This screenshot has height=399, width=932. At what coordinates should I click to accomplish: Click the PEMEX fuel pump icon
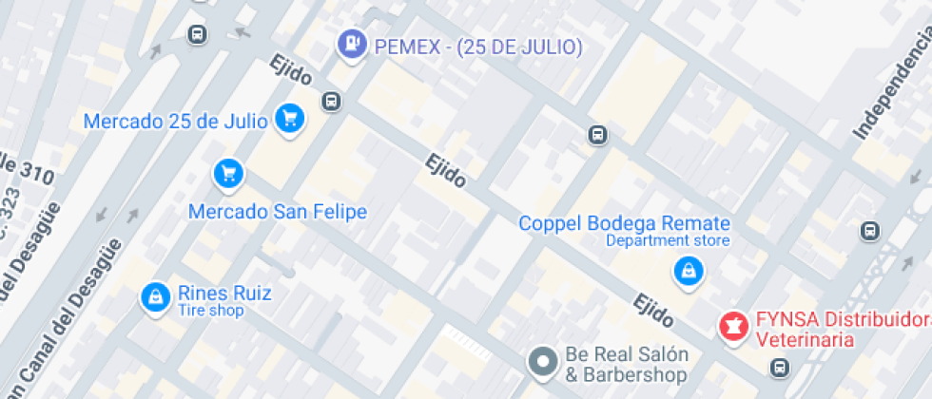click(353, 44)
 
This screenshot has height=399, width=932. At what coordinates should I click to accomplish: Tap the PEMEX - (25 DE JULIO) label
click(478, 47)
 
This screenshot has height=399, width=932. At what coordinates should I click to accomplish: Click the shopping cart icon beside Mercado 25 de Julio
click(290, 119)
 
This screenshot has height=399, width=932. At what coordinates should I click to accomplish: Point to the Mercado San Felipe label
click(278, 211)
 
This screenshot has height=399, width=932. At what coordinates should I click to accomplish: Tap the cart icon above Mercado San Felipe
click(228, 173)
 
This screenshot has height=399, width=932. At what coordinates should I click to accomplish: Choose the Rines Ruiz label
click(224, 293)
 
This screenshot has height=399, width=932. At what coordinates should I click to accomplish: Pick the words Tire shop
click(210, 311)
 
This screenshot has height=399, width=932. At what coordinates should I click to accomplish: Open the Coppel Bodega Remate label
click(624, 223)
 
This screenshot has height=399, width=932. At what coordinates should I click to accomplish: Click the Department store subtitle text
click(669, 241)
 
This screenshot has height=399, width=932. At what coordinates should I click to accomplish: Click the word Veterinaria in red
click(804, 338)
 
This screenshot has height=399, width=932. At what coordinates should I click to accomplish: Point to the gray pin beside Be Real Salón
click(543, 362)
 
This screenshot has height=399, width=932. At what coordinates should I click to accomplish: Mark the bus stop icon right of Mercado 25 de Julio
click(330, 101)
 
